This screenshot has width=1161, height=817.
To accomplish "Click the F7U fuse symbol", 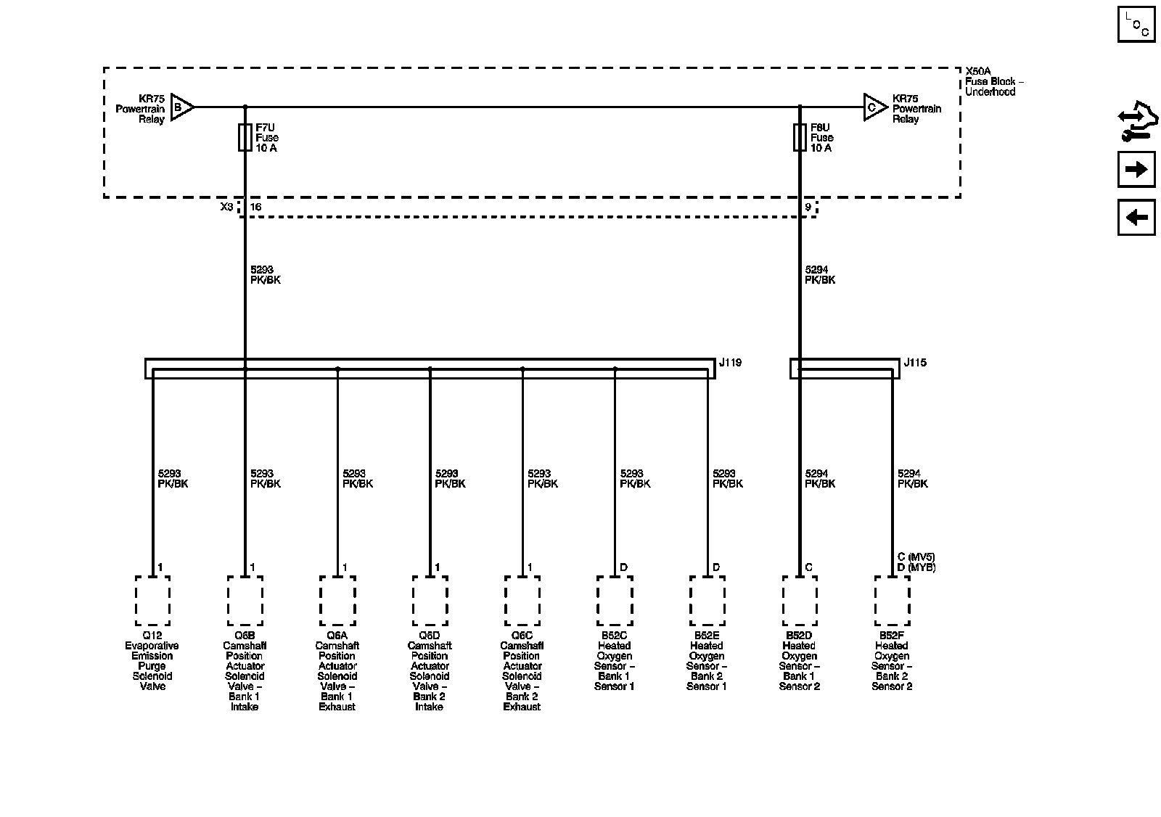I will [x=245, y=137].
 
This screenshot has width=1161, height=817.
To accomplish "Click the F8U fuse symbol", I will [x=800, y=137].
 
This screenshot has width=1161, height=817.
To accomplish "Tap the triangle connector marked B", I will [x=181, y=107].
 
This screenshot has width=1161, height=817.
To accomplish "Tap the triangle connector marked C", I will [x=874, y=107].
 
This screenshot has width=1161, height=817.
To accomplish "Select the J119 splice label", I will [x=731, y=363].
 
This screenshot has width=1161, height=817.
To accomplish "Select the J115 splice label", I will [x=915, y=363].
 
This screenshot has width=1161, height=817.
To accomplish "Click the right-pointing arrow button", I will [x=1136, y=170].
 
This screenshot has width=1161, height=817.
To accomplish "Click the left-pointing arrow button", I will [x=1136, y=217].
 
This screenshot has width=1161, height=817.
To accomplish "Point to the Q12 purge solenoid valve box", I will [x=152, y=601].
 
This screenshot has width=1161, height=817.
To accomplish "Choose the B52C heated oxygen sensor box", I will [x=615, y=601].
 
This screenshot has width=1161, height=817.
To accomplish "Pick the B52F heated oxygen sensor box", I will [x=892, y=601].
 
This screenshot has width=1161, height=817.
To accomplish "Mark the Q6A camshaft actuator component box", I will [x=337, y=601].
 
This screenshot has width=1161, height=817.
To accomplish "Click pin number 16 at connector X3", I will [x=255, y=208].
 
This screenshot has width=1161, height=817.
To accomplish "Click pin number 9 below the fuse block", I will [x=808, y=208].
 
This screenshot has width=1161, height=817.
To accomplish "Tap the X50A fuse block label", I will [x=977, y=71].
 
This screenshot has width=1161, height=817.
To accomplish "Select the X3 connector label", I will [x=227, y=208].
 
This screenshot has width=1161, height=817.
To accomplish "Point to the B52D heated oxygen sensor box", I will [x=800, y=601].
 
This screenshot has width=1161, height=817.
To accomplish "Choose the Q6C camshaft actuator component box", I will [x=522, y=601].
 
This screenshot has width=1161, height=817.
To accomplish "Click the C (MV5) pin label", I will [x=915, y=557].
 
